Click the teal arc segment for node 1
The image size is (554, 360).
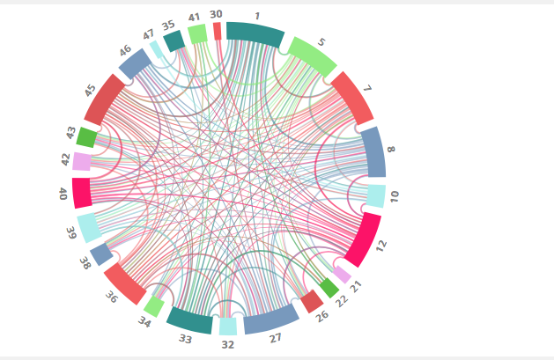pos(255,33)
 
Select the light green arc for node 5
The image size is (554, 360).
pos(312,57)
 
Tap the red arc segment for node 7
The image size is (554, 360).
pos(352,97)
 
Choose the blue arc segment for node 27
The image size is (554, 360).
pos(271,319)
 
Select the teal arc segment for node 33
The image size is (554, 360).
pos(189,320)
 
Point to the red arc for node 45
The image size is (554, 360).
pos(105,99)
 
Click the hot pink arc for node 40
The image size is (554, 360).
pos(82,193)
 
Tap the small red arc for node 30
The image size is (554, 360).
pos(218,31)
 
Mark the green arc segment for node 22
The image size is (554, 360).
pos(329,287)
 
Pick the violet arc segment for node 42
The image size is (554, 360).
pos(83,161)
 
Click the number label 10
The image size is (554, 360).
pos(394,195)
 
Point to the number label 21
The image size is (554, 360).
pos(357,285)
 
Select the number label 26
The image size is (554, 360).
pos(322,316)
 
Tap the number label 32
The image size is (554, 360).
pos(228,345)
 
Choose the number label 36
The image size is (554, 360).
pos(111,298)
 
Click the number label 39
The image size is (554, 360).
pos(71,232)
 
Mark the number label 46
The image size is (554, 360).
pos(125,50)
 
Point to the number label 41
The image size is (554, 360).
pos(194,18)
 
